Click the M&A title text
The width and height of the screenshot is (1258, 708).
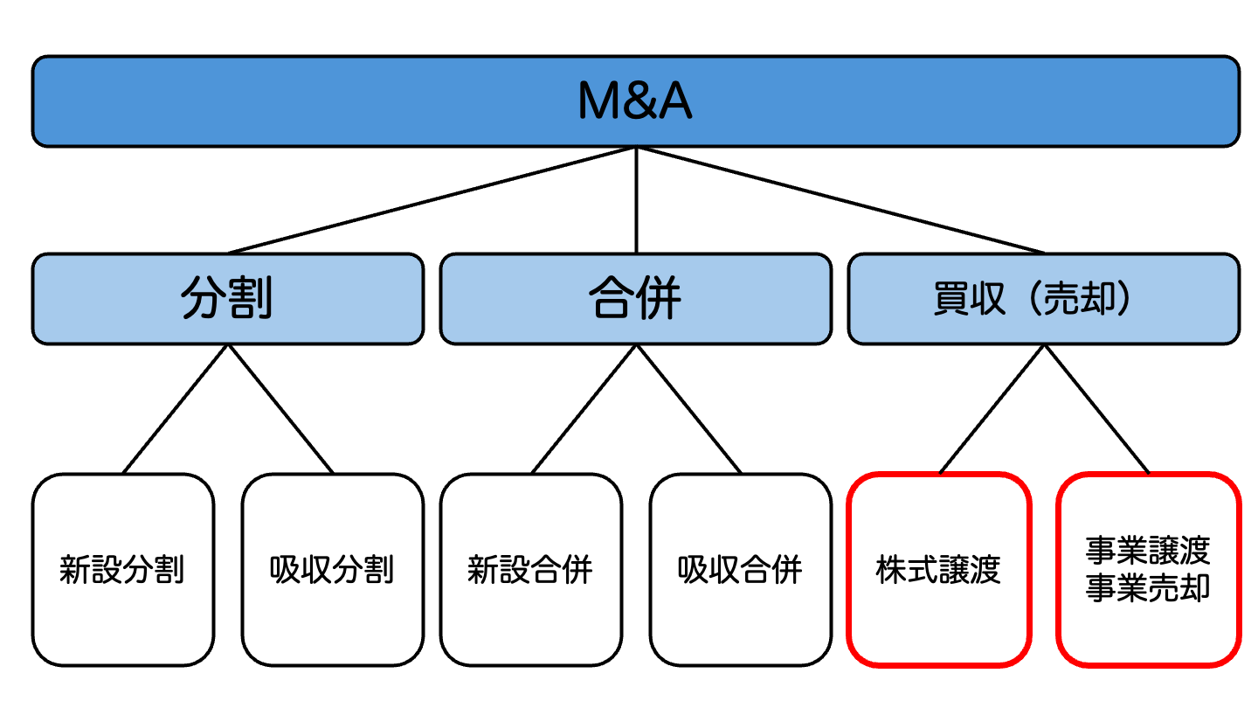click(x=635, y=101)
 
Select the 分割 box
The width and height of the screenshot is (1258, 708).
click(x=227, y=299)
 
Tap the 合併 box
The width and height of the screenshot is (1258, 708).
click(x=635, y=299)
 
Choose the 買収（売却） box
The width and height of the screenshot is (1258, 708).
click(x=1043, y=299)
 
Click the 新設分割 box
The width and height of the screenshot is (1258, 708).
click(x=122, y=570)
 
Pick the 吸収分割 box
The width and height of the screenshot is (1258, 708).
click(x=332, y=570)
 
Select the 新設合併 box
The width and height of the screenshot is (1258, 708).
click(x=530, y=570)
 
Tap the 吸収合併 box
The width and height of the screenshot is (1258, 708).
click(x=740, y=570)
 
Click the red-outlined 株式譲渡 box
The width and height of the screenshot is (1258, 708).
click(x=938, y=570)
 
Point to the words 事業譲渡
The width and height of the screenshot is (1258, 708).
click(x=1148, y=552)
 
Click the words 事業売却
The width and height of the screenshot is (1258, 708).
click(x=1148, y=588)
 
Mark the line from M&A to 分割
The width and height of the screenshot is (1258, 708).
click(x=432, y=200)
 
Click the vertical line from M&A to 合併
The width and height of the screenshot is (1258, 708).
click(x=636, y=200)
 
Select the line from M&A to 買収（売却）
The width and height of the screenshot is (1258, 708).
click(x=840, y=200)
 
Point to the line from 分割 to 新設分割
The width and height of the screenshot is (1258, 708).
click(x=176, y=409)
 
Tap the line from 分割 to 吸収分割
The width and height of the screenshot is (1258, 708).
click(x=280, y=409)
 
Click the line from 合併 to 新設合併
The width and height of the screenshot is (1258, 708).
click(x=584, y=409)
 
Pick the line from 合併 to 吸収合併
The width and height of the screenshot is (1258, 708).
click(x=688, y=409)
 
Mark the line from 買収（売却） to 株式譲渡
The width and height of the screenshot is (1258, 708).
click(x=992, y=409)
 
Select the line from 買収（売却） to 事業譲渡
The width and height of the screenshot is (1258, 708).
click(x=1096, y=409)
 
